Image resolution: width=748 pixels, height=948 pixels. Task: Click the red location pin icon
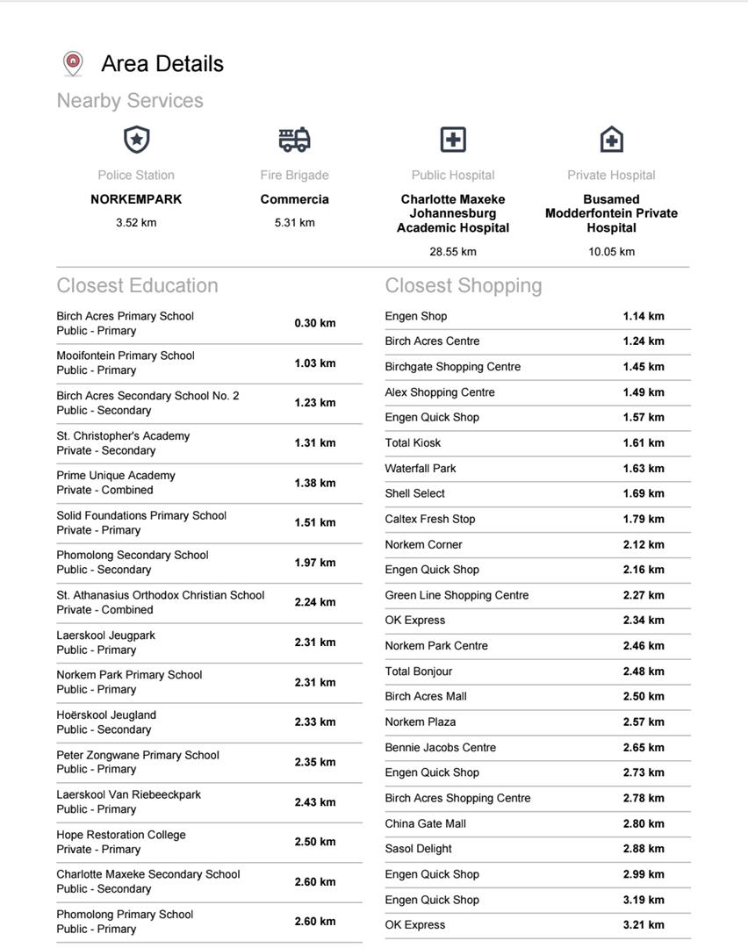[73, 63]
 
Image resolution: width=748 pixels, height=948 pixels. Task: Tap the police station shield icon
[136, 140]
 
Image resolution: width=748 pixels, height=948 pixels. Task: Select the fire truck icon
[294, 139]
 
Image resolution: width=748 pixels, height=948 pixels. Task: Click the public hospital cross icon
[452, 140]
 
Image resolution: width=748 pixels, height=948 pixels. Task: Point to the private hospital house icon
[611, 140]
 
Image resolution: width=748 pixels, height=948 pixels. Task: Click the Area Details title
[162, 63]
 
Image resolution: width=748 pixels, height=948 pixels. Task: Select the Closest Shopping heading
[464, 285]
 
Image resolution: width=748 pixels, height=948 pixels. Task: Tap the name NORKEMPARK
[136, 199]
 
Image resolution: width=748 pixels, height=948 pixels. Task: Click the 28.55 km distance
[453, 251]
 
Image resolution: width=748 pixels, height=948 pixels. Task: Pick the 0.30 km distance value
[315, 323]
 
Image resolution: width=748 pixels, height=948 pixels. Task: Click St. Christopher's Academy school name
[123, 435]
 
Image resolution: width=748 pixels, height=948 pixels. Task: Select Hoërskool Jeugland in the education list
[106, 715]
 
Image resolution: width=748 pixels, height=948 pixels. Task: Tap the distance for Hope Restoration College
[315, 842]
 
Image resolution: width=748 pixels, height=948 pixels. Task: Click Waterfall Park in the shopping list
[421, 468]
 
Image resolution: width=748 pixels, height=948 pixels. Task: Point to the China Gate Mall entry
[426, 823]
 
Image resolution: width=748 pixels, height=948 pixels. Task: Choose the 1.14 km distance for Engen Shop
[644, 316]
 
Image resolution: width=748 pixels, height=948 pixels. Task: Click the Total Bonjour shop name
[419, 671]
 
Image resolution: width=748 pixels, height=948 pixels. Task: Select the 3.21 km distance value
[644, 924]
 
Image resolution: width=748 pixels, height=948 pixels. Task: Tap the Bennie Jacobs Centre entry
[441, 747]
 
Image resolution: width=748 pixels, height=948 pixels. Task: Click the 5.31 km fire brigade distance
[294, 222]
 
